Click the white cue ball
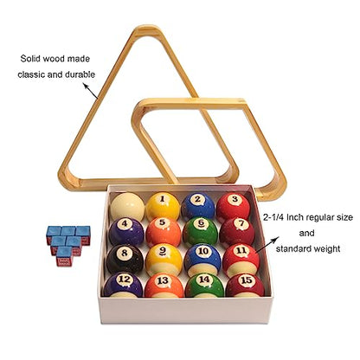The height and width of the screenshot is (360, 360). click(x=127, y=207)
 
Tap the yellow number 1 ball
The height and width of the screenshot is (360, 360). click(x=163, y=207)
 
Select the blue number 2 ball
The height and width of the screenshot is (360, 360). click(x=198, y=207)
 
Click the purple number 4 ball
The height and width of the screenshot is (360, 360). click(x=126, y=232)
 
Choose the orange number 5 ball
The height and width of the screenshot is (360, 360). click(x=164, y=232)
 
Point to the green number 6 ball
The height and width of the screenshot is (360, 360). click(x=201, y=232)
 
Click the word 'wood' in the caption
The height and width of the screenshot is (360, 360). click(x=55, y=59)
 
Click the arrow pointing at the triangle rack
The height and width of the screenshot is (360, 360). click(x=91, y=91)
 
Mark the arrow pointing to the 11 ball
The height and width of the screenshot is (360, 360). click(x=267, y=245)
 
